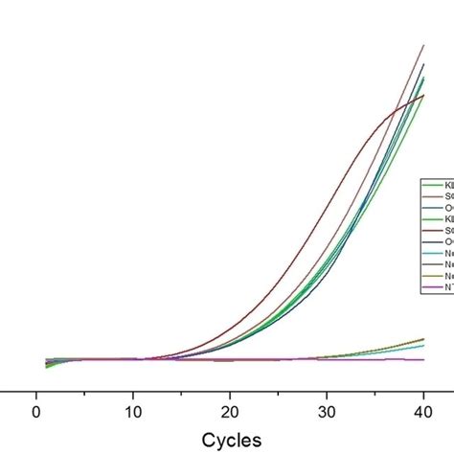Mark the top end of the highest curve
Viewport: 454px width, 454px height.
click(423, 45)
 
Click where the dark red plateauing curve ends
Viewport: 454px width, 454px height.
click(423, 95)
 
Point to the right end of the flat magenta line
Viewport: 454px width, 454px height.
click(423, 359)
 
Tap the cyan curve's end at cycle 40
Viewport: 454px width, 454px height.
click(423, 345)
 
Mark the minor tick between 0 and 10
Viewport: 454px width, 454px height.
click(84, 394)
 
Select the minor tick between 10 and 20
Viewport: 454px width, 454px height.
click(181, 394)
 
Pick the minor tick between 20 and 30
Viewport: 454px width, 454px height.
click(278, 394)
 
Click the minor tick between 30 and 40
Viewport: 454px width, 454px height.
click(375, 394)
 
